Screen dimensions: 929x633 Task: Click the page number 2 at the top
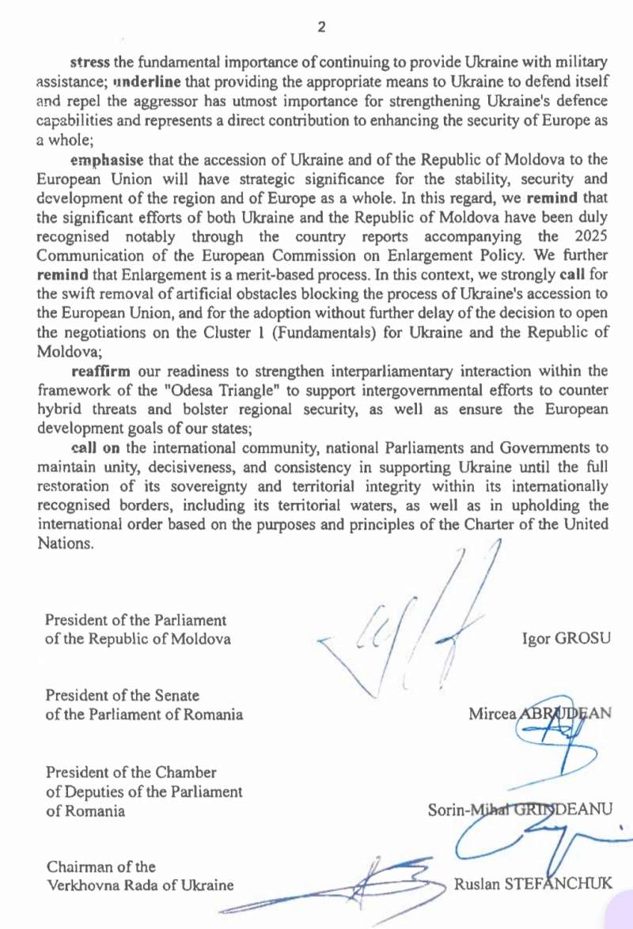coord(321,27)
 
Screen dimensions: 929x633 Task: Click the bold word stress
coord(89,62)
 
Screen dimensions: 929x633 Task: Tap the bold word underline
coord(148,81)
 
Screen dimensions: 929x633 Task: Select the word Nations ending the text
coord(66,545)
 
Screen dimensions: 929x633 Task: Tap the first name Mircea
coord(491,714)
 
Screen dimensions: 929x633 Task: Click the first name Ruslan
coord(475,883)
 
